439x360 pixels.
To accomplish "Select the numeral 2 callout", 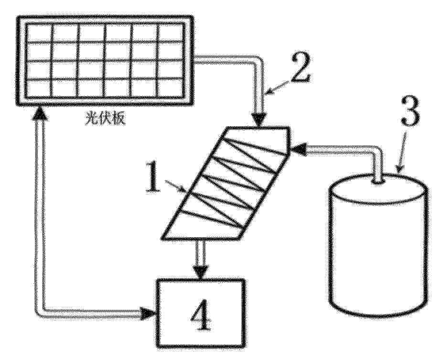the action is pyautogui.click(x=300, y=67).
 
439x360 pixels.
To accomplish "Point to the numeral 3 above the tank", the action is pyautogui.click(x=410, y=112).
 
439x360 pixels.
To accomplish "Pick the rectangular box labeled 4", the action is pyautogui.click(x=201, y=313).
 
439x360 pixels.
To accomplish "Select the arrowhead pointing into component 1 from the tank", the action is pyautogui.click(x=298, y=149).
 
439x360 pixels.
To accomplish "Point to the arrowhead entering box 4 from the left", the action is pyautogui.click(x=148, y=314).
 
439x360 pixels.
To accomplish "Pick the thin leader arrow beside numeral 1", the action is pyautogui.click(x=175, y=186).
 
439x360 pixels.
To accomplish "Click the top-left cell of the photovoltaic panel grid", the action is pyautogui.click(x=39, y=33).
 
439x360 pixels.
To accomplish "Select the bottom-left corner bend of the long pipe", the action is pyautogui.click(x=40, y=313).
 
